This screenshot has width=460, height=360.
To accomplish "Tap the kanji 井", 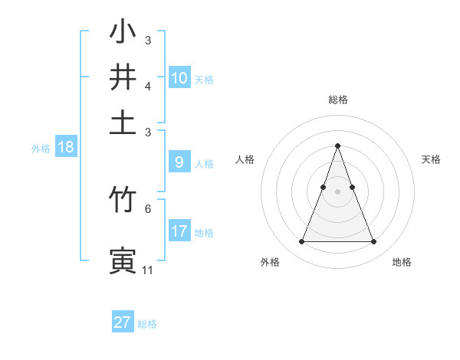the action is click(123, 77).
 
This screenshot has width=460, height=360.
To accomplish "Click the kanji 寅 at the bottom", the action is click(123, 259).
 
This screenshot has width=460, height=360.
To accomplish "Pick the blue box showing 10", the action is click(179, 77).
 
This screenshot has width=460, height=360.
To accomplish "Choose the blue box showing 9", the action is click(179, 162).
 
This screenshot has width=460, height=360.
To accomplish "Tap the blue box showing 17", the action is click(179, 231).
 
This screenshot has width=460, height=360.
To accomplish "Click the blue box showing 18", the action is click(66, 148).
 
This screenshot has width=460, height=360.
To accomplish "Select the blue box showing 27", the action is click(123, 322).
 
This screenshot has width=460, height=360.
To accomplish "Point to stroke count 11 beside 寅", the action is click(147, 270).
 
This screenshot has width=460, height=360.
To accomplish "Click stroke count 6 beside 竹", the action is click(148, 208).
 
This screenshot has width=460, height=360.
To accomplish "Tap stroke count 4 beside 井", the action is click(148, 87).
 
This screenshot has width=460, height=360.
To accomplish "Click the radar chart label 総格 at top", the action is click(338, 100).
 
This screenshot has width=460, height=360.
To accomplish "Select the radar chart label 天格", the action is click(431, 159).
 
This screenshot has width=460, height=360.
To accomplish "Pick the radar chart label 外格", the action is click(270, 262).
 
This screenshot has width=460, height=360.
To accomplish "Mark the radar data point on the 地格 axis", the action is click(374, 242).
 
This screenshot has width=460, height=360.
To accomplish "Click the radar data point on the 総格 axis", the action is click(338, 146).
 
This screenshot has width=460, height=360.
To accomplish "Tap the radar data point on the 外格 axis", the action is click(301, 242).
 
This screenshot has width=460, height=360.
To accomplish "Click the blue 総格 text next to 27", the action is click(147, 324).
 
